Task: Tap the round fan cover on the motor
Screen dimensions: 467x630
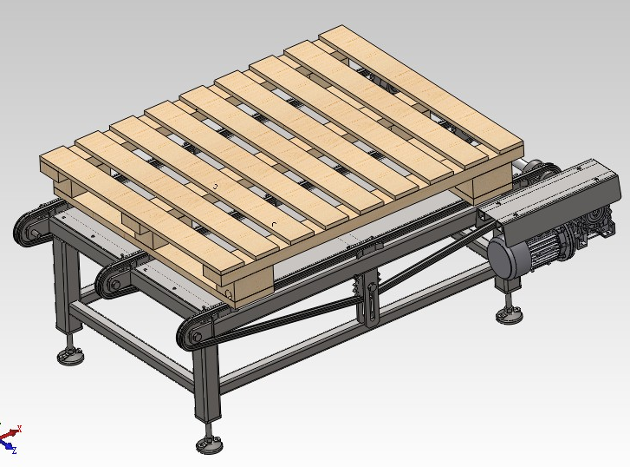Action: [x=503, y=259]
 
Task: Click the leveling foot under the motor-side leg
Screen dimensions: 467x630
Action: [x=509, y=313]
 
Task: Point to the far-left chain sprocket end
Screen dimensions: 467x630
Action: [x=29, y=228]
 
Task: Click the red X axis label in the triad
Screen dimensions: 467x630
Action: [x=19, y=429]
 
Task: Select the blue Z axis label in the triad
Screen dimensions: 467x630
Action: [x=14, y=451]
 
